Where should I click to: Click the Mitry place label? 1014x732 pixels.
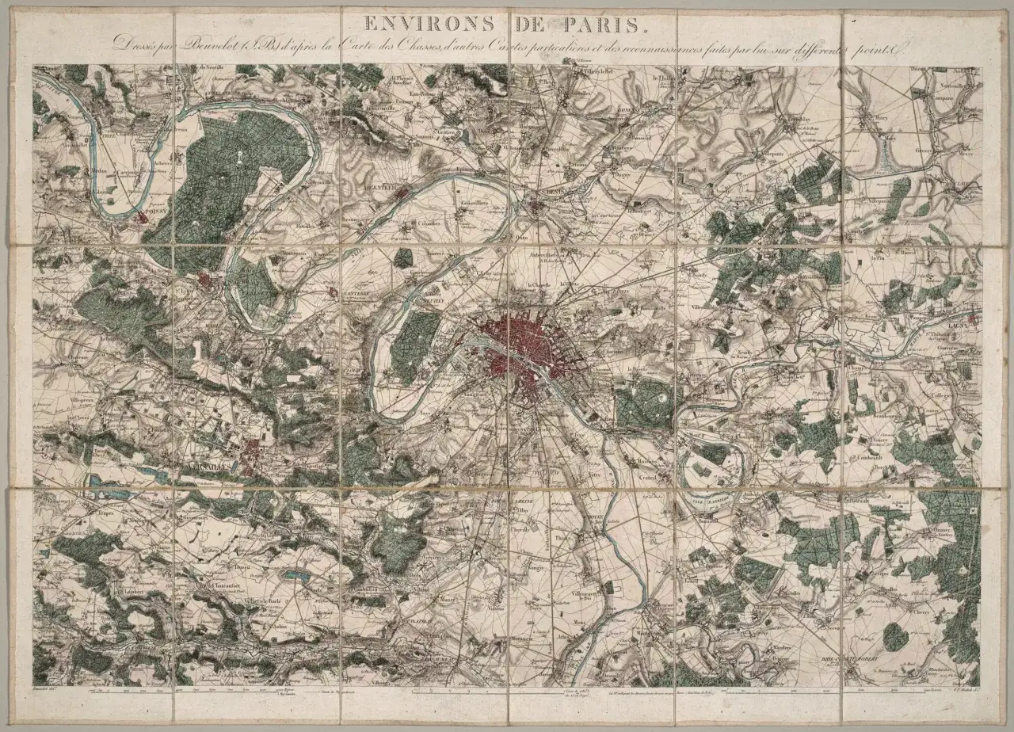tap(881, 117)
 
